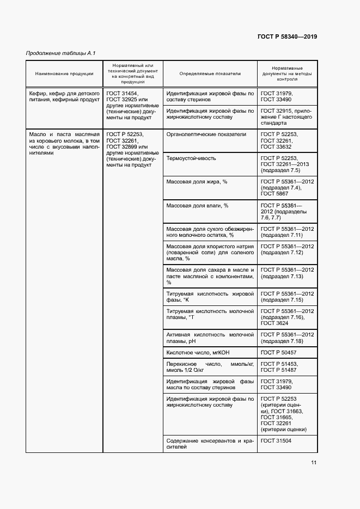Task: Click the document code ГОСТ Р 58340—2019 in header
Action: (x=287, y=36)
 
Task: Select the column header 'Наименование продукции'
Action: (x=64, y=73)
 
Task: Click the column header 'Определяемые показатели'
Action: (x=210, y=73)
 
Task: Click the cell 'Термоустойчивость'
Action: (x=191, y=158)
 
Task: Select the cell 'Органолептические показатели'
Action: (x=206, y=134)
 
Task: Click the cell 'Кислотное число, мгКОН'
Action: (x=199, y=353)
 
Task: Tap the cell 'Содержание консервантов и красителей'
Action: (x=210, y=443)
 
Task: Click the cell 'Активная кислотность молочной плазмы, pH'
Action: (x=210, y=338)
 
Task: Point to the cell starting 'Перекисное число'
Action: (x=210, y=367)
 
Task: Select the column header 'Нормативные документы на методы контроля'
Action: (x=287, y=73)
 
